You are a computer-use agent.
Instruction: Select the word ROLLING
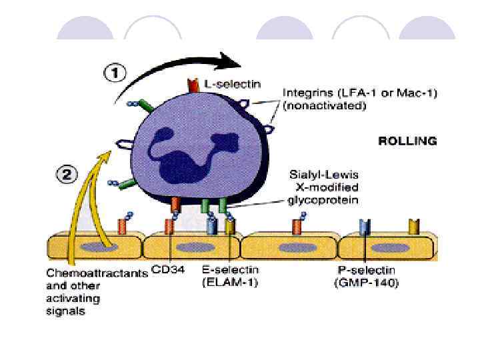pyautogui.click(x=407, y=141)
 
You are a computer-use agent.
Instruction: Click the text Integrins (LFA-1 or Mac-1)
pyautogui.click(x=359, y=94)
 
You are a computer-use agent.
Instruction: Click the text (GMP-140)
pyautogui.click(x=365, y=281)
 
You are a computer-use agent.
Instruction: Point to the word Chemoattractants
pyautogui.click(x=97, y=273)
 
